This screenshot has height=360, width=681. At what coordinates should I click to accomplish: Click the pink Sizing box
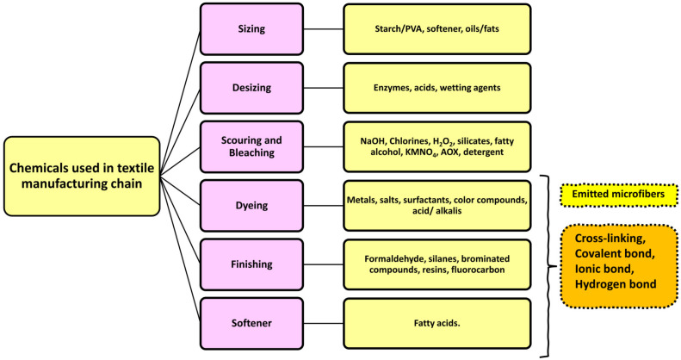pos(251,28)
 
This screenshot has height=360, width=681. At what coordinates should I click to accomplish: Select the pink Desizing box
pos(251,86)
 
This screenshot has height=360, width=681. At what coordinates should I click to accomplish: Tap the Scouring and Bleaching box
pos(251,146)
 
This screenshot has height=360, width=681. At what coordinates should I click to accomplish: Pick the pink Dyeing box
pos(251,205)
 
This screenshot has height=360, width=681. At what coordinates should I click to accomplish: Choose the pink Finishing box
pos(251,264)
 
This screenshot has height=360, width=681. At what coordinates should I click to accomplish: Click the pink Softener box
pos(251,323)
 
